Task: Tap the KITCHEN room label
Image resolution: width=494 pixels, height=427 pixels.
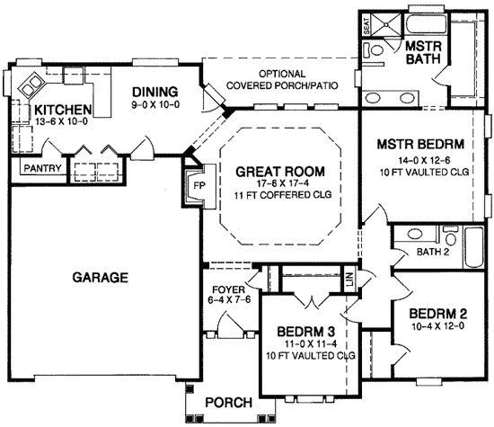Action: coord(64,111)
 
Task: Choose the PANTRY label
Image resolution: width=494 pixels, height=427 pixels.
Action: coord(40,168)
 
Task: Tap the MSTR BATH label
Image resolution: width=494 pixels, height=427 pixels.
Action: coord(420,53)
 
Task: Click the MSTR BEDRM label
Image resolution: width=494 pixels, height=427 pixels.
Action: coord(420,143)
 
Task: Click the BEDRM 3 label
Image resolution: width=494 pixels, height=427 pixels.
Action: coord(307,329)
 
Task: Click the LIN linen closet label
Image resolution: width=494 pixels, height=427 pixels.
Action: coord(348,281)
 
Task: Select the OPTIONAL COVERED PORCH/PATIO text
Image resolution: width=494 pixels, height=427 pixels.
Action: coord(281,80)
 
